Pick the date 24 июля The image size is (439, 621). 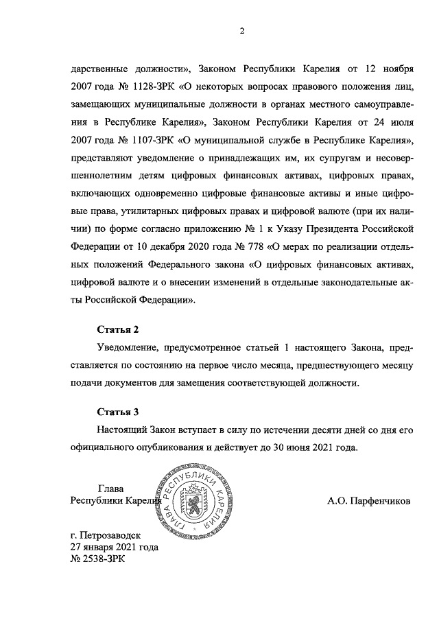[x=390, y=122]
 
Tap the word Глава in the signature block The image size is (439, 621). [x=111, y=489]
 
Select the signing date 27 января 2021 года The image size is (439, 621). [x=115, y=547]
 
